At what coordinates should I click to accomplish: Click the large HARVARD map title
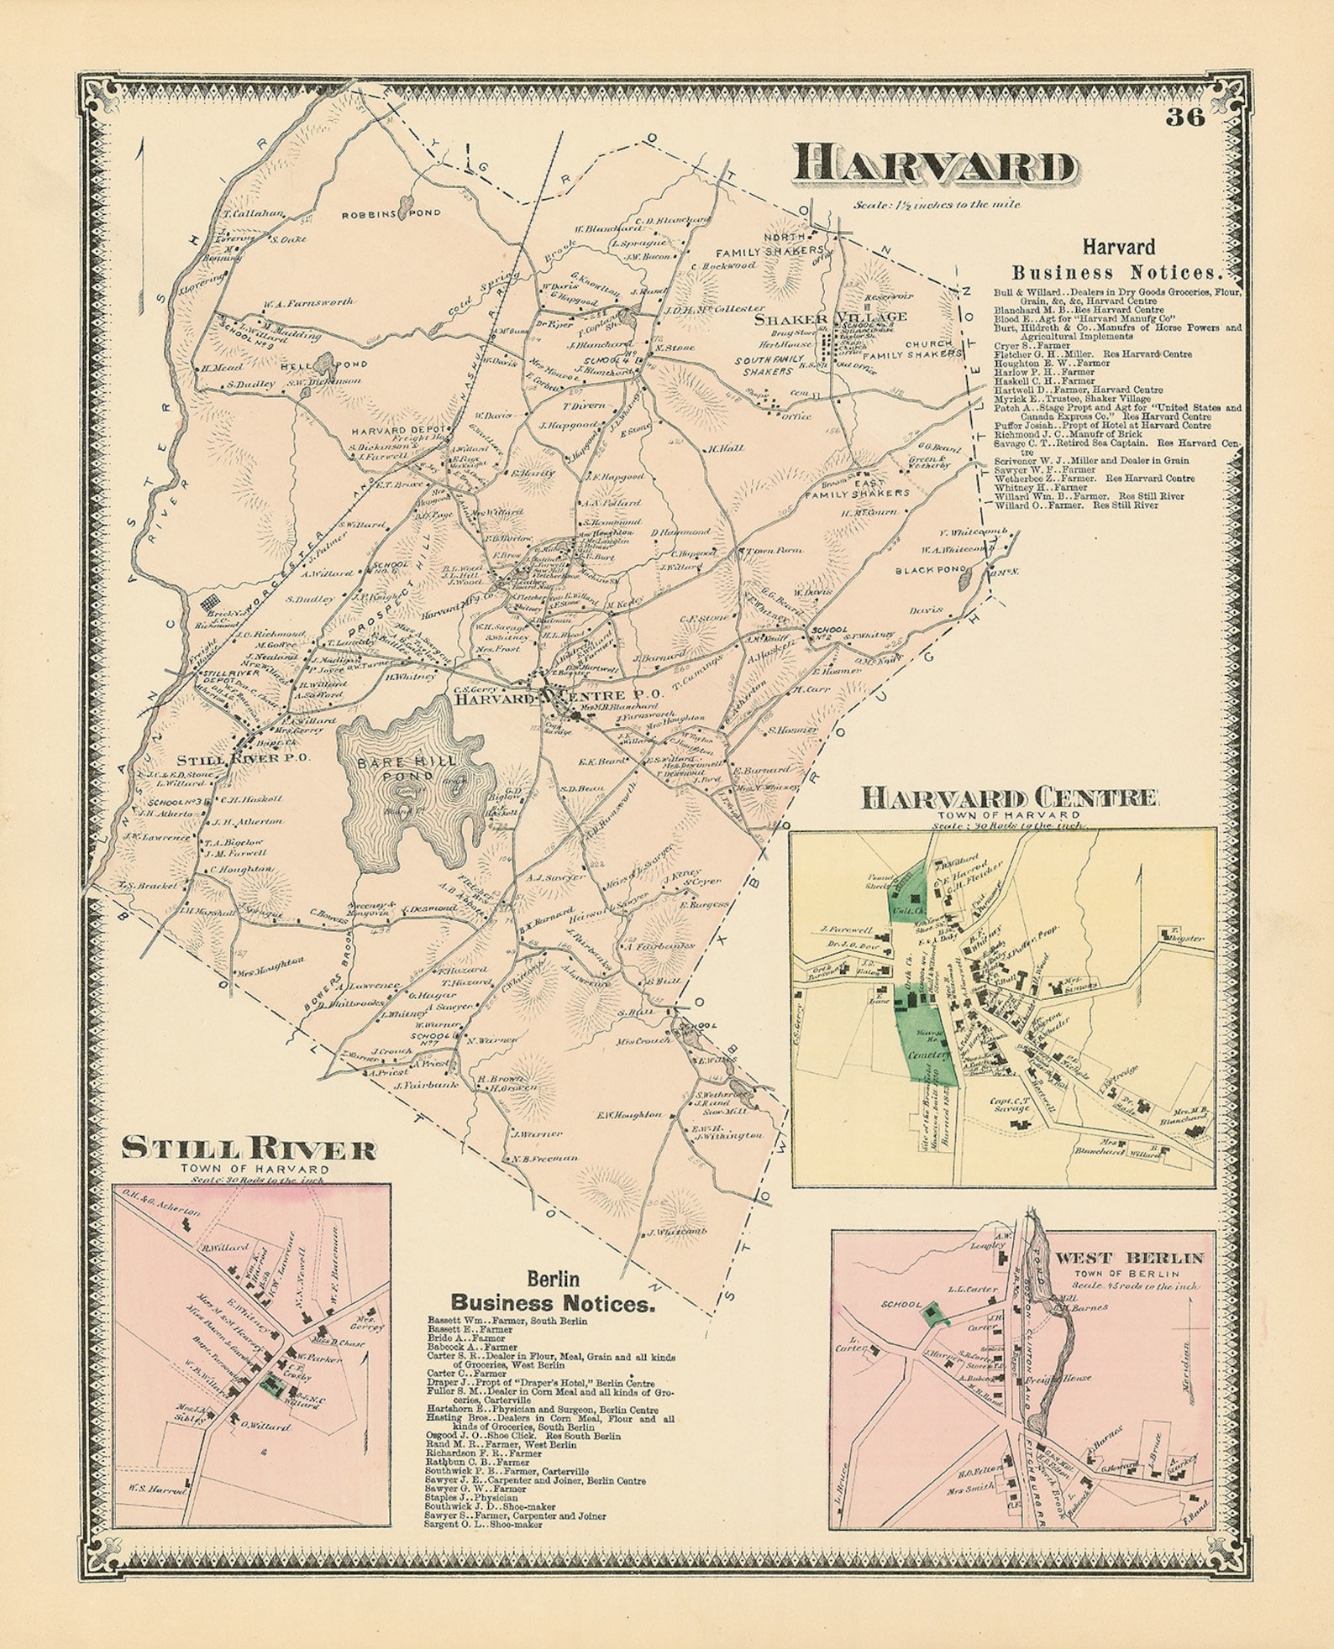[x=934, y=165]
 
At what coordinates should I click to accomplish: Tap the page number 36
[x=1184, y=117]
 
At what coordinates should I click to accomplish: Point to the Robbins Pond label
[x=379, y=214]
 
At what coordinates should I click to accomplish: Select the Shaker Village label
[x=830, y=317]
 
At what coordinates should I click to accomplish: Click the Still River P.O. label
[x=244, y=757]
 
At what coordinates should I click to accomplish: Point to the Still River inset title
[x=249, y=1149]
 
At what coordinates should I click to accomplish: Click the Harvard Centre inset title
[x=1009, y=798]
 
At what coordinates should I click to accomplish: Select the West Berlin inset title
[x=1129, y=1258]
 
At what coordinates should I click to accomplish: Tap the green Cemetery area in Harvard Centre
[x=928, y=1041]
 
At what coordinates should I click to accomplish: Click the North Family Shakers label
[x=769, y=244]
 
